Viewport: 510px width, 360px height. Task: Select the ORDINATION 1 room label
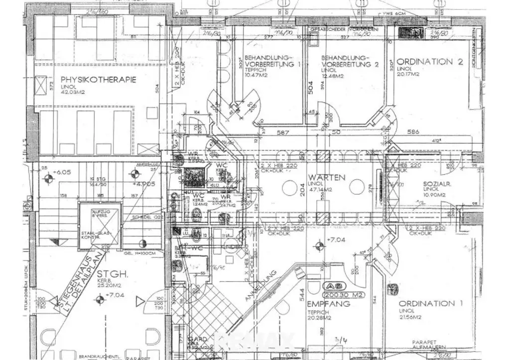click(x=427, y=303)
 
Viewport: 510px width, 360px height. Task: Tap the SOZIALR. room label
click(x=438, y=183)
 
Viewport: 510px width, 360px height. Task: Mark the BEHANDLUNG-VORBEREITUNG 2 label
click(x=350, y=61)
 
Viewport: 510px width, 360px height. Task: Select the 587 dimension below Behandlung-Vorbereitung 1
click(x=284, y=132)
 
